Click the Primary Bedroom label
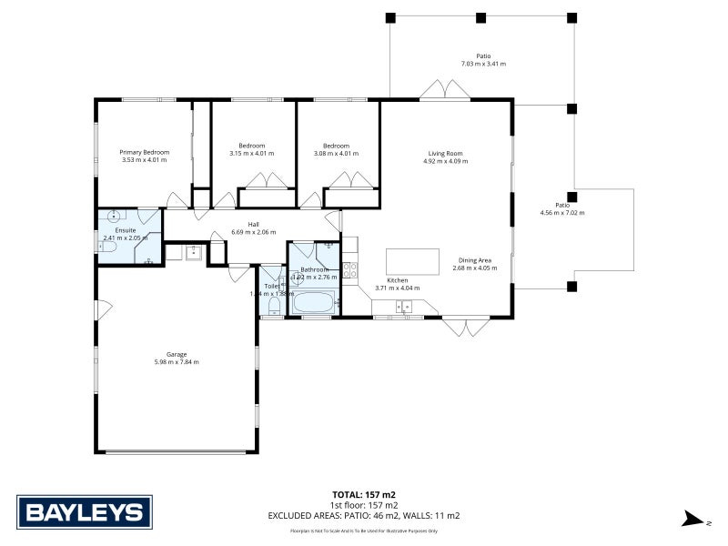tap(146, 152)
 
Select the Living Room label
tap(445, 153)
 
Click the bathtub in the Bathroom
tap(313, 301)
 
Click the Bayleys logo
tap(83, 511)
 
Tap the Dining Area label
tap(474, 260)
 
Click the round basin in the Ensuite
tap(113, 217)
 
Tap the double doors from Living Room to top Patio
tap(445, 91)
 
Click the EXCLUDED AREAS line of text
tap(363, 516)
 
